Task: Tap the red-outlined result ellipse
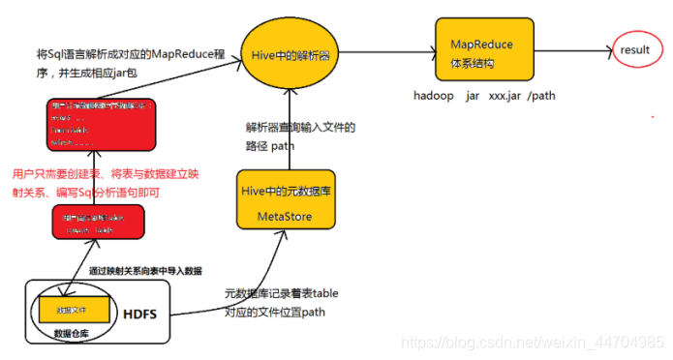click(636, 48)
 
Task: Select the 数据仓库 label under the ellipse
click(75, 334)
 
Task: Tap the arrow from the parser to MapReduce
click(382, 50)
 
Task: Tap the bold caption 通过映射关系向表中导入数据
click(145, 270)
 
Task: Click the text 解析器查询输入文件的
click(300, 128)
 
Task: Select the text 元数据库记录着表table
click(281, 293)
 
